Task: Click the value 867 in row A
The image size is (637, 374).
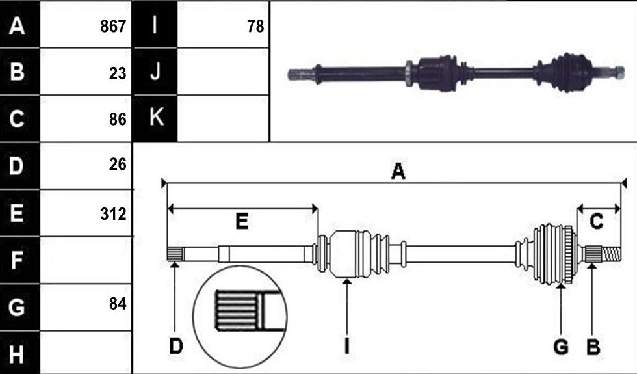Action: [113, 27]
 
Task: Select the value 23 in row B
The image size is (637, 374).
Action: [118, 73]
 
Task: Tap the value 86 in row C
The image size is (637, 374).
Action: [118, 120]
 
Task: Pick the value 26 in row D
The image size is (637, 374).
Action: [118, 164]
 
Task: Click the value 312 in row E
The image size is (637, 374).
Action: [113, 214]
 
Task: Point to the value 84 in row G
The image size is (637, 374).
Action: [118, 304]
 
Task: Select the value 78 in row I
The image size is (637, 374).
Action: [255, 27]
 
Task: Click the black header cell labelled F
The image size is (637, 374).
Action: [20, 260]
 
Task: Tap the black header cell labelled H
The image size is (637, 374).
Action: [20, 353]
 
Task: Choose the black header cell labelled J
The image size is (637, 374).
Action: [155, 72]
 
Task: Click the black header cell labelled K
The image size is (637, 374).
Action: [155, 118]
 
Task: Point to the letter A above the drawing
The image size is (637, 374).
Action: [398, 171]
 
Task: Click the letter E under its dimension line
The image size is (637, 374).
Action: [242, 222]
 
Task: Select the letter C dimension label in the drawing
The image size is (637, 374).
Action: [596, 222]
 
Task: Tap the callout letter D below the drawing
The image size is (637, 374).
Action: [176, 347]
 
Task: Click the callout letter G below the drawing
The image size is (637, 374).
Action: [561, 347]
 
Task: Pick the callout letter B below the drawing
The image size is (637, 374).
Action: [593, 347]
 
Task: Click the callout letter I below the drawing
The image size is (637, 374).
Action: [346, 347]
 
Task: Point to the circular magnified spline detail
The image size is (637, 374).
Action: [240, 317]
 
